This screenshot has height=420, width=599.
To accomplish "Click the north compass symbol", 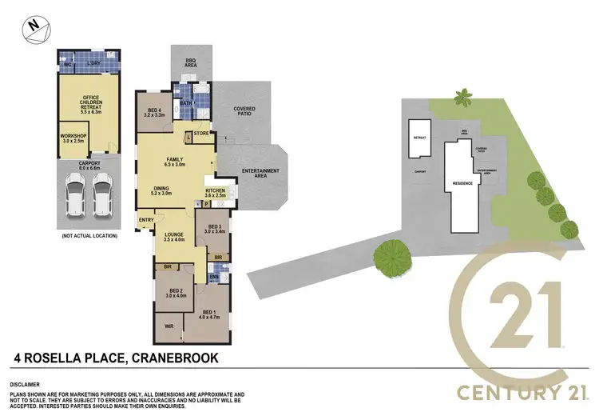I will (32, 26).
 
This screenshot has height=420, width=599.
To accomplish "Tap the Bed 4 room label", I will (153, 112).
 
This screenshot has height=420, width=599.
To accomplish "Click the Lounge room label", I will (173, 235).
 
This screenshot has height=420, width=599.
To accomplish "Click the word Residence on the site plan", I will (462, 183).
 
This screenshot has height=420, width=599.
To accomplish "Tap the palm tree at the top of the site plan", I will (462, 99).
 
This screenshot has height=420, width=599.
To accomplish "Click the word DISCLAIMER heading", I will (26, 383).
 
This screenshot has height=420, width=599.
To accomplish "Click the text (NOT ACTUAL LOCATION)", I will (89, 235).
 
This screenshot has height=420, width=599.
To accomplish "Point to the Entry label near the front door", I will (147, 219).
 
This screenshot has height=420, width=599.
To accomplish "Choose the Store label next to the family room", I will (200, 134).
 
